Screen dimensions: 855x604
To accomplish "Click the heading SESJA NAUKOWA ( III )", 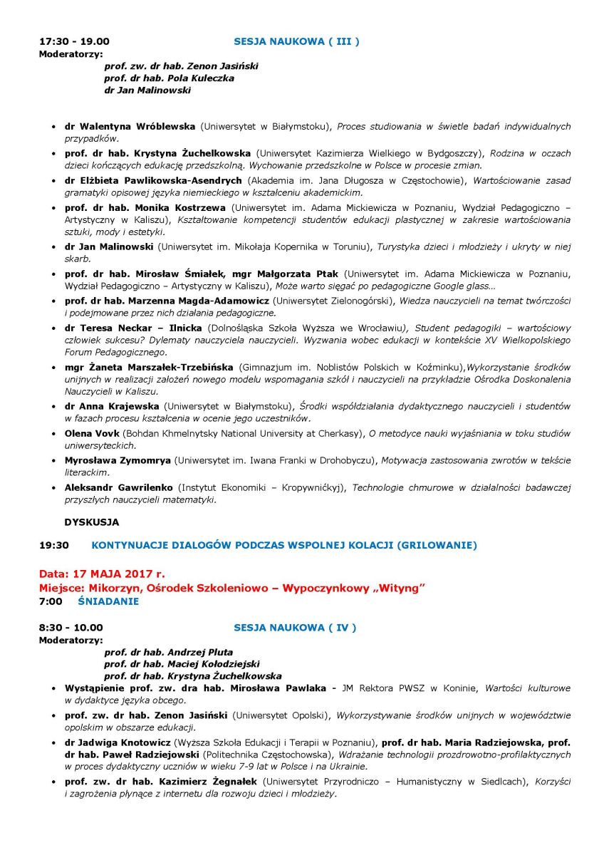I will [296, 42].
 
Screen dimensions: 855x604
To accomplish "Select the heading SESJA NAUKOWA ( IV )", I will [295, 628].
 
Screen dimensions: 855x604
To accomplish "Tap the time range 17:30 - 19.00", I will [74, 42].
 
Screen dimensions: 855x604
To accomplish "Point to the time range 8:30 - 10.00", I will [71, 628].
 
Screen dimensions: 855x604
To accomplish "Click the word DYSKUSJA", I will [91, 522].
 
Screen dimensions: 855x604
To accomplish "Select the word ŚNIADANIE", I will [108, 601].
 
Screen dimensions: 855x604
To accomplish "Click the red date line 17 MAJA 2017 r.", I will [102, 573].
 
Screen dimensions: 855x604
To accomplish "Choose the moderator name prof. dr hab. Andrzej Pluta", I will [168, 652].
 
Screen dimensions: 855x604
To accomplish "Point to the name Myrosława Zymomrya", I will [118, 460].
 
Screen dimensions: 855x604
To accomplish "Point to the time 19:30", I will [53, 545].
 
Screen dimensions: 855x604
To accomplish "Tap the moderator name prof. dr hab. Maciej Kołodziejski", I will [182, 663].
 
